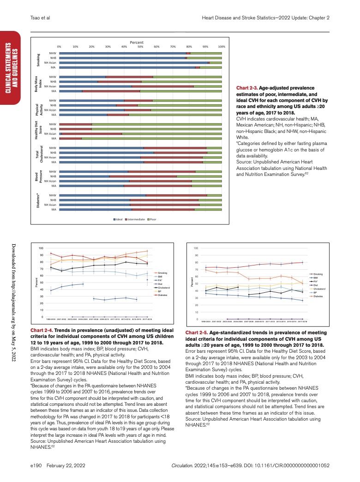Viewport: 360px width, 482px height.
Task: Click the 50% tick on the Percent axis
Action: click(x=140, y=47)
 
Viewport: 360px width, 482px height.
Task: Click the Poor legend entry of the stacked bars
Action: click(x=153, y=218)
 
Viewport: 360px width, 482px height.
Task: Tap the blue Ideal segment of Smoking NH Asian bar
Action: click(x=134, y=62)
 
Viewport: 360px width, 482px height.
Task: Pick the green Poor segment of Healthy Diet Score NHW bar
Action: click(x=157, y=124)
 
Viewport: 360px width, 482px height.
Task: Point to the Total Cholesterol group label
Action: click(x=38, y=155)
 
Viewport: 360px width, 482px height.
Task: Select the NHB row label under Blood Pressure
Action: click(x=53, y=176)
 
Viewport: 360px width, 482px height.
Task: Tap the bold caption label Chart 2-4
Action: click(x=42, y=331)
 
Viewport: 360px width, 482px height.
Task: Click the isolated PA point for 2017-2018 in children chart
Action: click(x=147, y=280)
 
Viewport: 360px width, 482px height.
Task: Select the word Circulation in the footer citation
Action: click(x=181, y=465)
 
